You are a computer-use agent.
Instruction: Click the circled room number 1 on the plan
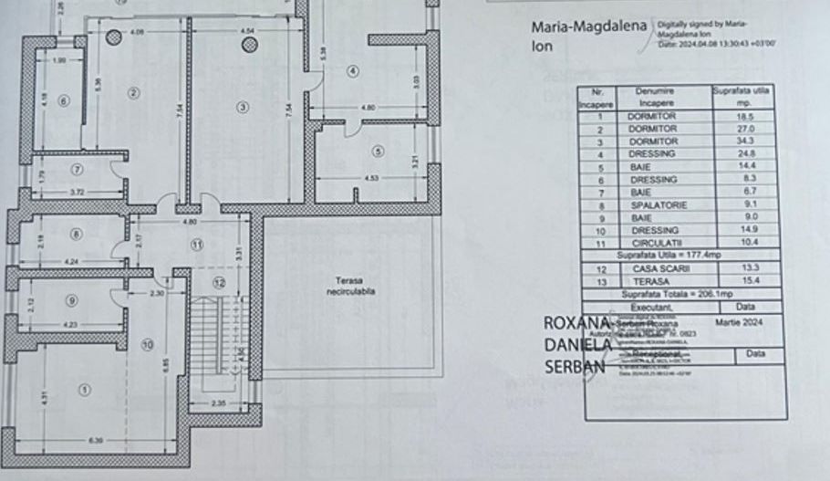84,390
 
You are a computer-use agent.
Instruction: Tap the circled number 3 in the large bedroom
243,107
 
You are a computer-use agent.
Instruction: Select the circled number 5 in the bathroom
378,152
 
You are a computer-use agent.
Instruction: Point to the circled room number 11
197,244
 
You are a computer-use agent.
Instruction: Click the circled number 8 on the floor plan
76,235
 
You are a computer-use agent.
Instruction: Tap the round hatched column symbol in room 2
113,37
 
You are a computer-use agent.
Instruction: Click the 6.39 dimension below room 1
95,441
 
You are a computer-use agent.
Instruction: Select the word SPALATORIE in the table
652,205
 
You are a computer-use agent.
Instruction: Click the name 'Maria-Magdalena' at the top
589,26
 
